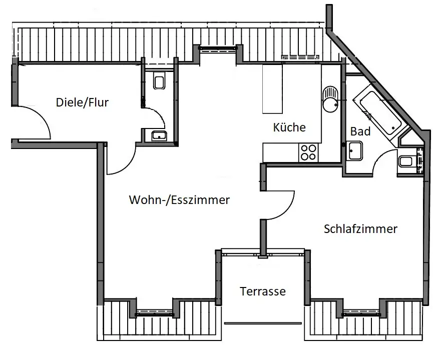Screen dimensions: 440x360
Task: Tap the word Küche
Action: [x=289, y=127]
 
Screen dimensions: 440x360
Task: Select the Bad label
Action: [x=360, y=131]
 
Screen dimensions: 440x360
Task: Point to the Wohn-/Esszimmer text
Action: [x=179, y=200]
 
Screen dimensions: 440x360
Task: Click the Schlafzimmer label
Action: [x=360, y=229]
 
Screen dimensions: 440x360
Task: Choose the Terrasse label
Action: [x=262, y=291]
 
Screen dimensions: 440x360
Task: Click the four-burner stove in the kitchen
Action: [x=307, y=152]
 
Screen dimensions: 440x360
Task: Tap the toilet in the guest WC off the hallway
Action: [x=160, y=81]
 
